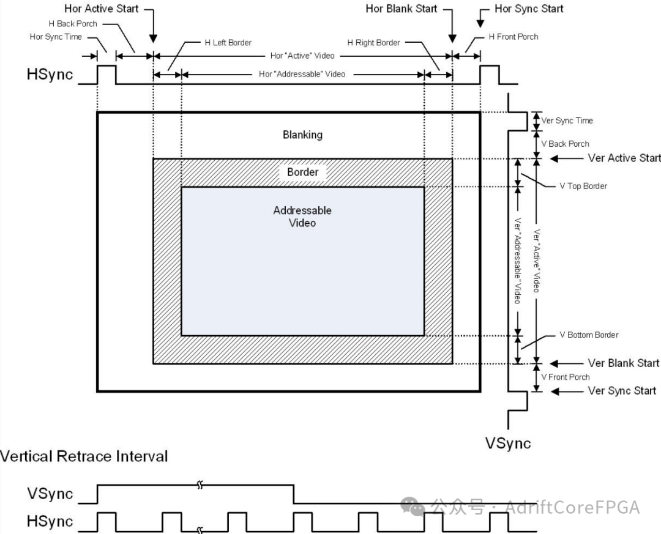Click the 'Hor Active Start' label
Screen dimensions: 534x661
101,9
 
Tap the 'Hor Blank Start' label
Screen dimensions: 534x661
401,9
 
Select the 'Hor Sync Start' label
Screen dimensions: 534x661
529,9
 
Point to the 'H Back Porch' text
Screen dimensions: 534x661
73,24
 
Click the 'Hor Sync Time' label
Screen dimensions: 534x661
56,37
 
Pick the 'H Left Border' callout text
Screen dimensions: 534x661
228,43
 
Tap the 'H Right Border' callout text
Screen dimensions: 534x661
373,43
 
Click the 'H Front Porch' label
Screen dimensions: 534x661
513,37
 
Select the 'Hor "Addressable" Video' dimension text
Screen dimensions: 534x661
302,74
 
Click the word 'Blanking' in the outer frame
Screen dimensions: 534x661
302,135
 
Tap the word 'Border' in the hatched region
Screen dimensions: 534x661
302,172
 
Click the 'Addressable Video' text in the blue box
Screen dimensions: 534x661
302,217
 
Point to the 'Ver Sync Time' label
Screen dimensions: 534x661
567,121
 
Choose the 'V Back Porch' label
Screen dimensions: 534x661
565,144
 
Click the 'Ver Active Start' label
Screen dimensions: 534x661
624,158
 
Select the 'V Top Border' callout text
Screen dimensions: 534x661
583,186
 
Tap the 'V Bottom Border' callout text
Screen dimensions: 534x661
589,335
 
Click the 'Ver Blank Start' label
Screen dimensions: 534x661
624,363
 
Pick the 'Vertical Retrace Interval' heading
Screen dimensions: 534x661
84,456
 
